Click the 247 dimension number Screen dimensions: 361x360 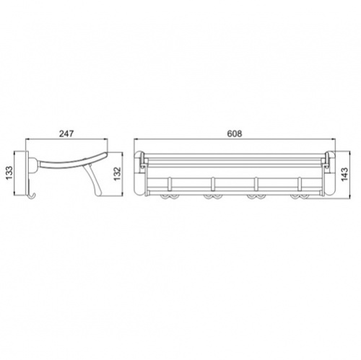pyautogui.click(x=66, y=133)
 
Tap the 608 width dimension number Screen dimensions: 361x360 pyautogui.click(x=235, y=133)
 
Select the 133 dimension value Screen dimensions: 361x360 pyautogui.click(x=9, y=173)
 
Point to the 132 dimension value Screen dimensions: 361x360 pyautogui.click(x=117, y=174)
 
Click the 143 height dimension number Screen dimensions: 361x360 pyautogui.click(x=344, y=174)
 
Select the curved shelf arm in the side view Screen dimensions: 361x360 pyautogui.click(x=72, y=161)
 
